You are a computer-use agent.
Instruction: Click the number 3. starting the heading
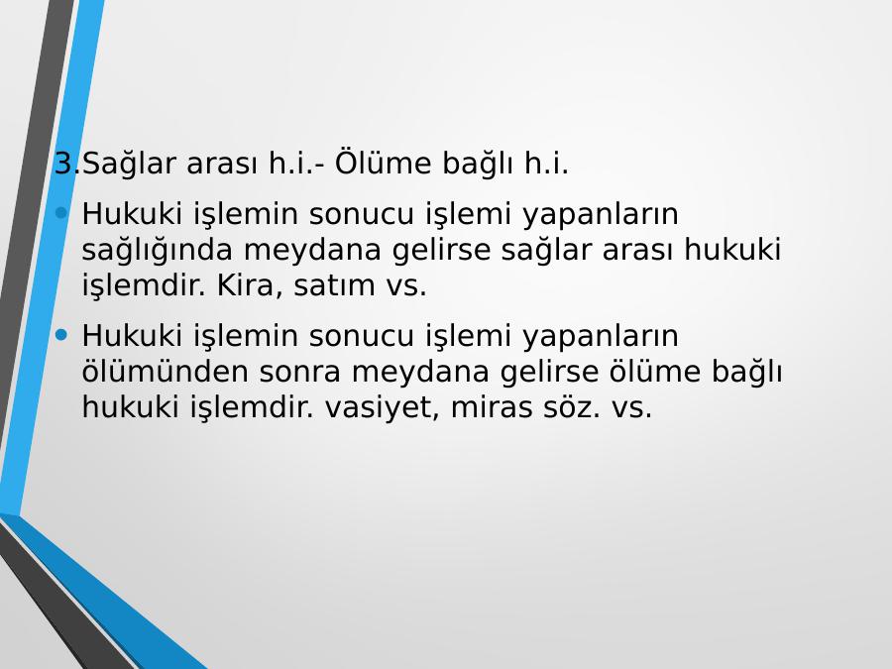point(67,164)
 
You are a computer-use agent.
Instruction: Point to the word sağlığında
point(157,251)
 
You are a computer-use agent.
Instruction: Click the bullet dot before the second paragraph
point(61,335)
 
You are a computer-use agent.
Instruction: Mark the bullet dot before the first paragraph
point(61,213)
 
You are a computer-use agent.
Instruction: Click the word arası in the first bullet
point(637,251)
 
